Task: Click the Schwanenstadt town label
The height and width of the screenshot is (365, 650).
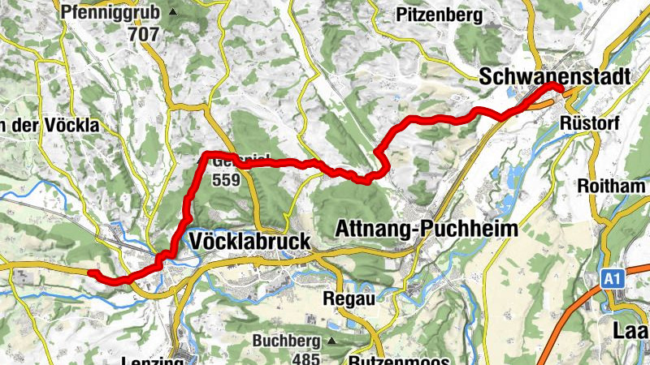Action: point(555,76)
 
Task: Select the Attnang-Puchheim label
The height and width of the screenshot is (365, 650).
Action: point(427,230)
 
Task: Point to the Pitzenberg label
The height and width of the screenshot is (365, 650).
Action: point(439,15)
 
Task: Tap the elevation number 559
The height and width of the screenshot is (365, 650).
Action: point(226,180)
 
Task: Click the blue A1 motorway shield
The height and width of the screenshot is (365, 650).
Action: point(613,279)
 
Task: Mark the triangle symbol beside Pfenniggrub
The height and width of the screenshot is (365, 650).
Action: point(173,13)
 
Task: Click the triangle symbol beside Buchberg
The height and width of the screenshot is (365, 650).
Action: point(331,341)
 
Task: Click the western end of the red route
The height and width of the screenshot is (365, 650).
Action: point(92,273)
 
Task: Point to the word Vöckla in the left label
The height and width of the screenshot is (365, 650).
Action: point(72,125)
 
